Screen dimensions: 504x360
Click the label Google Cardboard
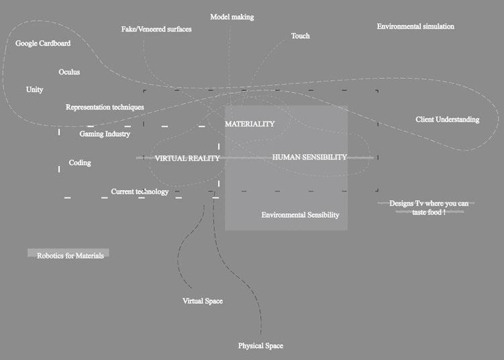tap(43, 44)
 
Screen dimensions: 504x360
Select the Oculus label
tap(69, 72)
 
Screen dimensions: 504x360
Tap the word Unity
tap(34, 89)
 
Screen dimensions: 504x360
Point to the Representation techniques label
tap(105, 107)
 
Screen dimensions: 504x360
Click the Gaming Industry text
tap(105, 134)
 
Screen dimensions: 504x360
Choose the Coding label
tap(80, 163)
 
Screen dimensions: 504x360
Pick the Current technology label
tap(140, 191)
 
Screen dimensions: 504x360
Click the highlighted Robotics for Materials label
tap(70, 255)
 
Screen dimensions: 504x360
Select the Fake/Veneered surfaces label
tap(156, 30)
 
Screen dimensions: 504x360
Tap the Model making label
tap(232, 16)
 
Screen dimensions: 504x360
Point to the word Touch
tap(300, 36)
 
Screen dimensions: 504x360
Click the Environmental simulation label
tap(415, 27)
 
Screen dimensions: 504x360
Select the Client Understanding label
tap(448, 120)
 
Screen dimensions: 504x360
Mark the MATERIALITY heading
tap(250, 124)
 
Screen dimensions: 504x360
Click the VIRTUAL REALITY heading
tap(187, 159)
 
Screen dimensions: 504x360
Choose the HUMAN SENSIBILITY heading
tap(309, 157)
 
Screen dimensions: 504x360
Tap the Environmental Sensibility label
tap(300, 215)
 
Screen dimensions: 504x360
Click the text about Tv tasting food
tap(429, 207)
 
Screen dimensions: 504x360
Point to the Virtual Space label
tap(203, 301)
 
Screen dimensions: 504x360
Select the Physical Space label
tap(260, 346)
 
